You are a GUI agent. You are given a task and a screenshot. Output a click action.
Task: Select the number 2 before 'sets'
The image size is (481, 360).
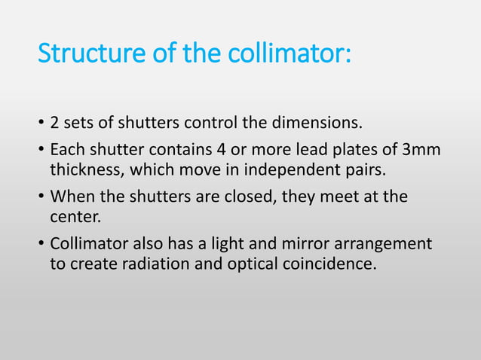(x=54, y=123)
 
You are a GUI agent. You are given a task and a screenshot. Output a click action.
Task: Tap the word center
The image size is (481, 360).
(x=75, y=216)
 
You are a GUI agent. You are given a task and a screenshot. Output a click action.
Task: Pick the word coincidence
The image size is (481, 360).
(x=329, y=264)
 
